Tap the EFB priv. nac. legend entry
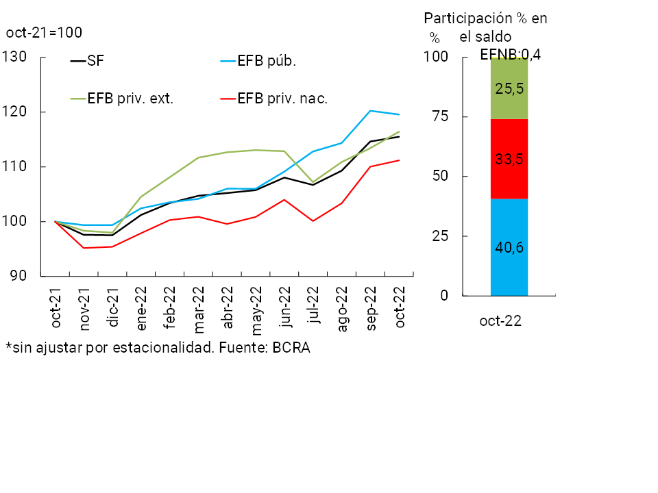tap(282, 98)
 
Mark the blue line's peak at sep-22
tap(370, 111)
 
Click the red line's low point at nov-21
tap(84, 248)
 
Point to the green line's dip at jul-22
tap(313, 182)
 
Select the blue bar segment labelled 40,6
tap(509, 247)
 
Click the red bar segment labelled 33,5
tap(509, 159)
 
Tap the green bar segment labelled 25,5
tap(509, 88)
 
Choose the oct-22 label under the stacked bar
tap(500, 321)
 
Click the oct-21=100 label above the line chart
tap(44, 32)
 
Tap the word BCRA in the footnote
tap(291, 348)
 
